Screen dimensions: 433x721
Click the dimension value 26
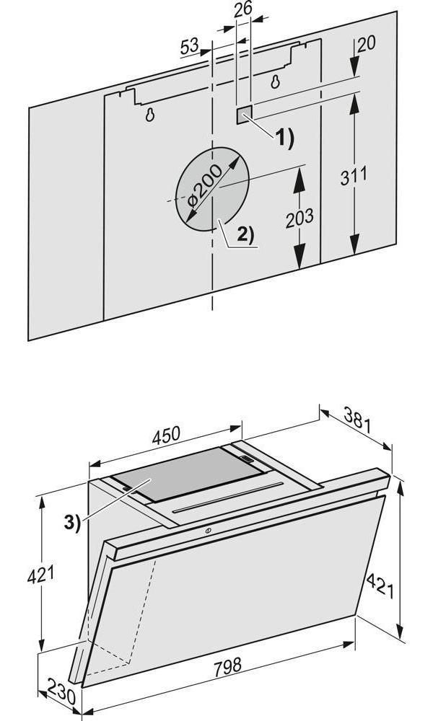pos(243,9)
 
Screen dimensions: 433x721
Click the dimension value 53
pos(190,46)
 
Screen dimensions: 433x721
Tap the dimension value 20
pos(367,43)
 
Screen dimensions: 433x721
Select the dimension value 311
pos(354,176)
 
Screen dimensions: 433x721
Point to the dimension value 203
pos(299,218)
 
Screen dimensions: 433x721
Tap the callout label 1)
pos(284,138)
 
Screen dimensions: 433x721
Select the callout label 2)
pos(245,234)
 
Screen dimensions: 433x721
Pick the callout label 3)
pos(72,522)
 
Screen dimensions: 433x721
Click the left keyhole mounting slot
pos(149,115)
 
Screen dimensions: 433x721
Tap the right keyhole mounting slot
pos(275,82)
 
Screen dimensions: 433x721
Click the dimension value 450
pos(166,435)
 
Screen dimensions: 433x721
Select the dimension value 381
pos(357,421)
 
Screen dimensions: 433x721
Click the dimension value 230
pos(61,694)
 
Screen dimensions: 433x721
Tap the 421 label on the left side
pos(40,575)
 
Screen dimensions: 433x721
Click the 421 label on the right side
pos(380,586)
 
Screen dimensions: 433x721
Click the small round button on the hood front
pos(208,532)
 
